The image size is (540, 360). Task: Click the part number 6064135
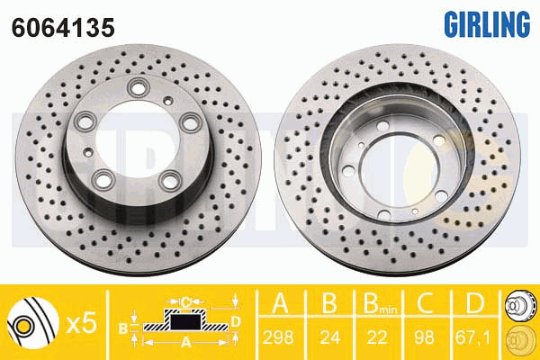(x=63, y=28)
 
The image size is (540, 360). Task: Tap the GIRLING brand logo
(x=487, y=24)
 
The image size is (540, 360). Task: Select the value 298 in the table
(x=278, y=337)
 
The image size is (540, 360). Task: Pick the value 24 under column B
(x=330, y=337)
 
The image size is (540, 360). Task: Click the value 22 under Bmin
(x=377, y=337)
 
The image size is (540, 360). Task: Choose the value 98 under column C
(x=424, y=337)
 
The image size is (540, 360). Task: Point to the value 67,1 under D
(x=472, y=337)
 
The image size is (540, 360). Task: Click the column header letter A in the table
(x=281, y=303)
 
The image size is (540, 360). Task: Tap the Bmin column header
(x=380, y=304)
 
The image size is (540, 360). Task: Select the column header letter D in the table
(x=474, y=303)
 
